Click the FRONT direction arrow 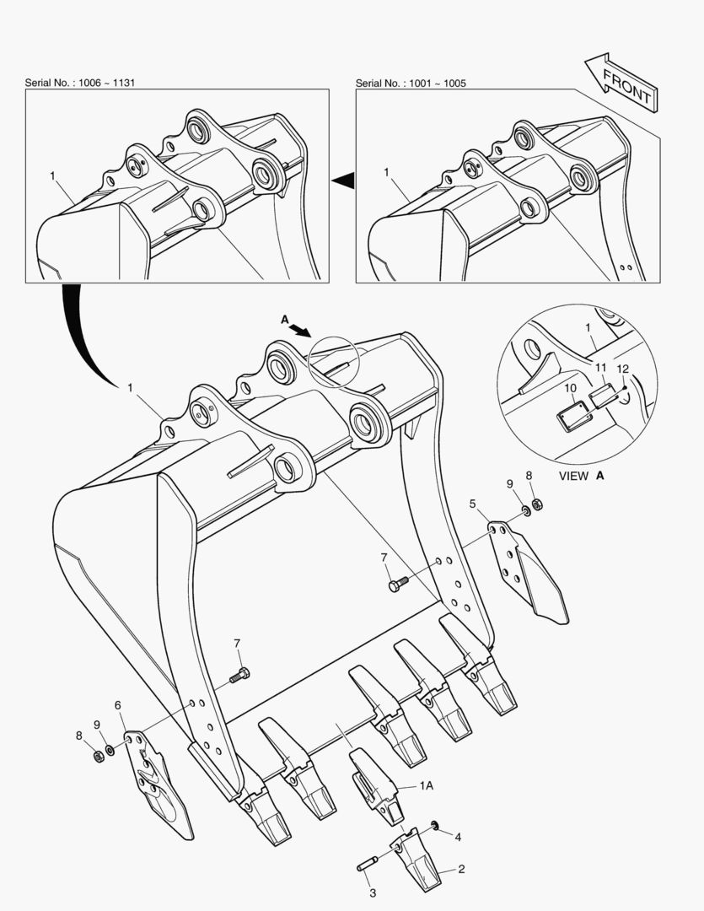[x=621, y=83]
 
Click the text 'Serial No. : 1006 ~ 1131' [x=79, y=83]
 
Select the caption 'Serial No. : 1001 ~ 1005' [x=411, y=83]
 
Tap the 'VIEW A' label [x=582, y=476]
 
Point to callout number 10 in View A [x=571, y=387]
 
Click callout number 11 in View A [x=600, y=367]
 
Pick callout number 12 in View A [x=622, y=369]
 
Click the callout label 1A [x=427, y=785]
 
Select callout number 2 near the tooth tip [x=461, y=869]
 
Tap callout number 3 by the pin [x=373, y=893]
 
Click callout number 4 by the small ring [x=458, y=838]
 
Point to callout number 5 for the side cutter [x=473, y=504]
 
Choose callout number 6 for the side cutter [x=118, y=705]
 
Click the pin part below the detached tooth [x=367, y=864]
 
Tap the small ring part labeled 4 [x=434, y=825]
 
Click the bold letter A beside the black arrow [x=285, y=320]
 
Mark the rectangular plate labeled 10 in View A [x=574, y=416]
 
